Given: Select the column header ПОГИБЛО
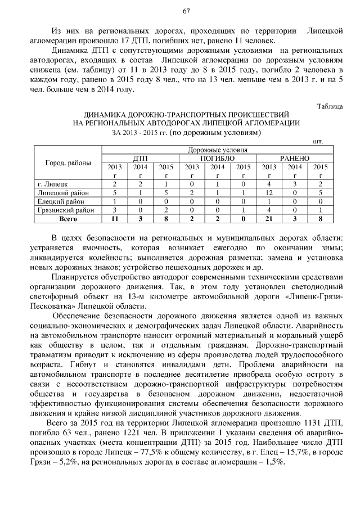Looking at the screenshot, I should (x=217, y=159).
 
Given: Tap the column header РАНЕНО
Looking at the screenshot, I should (x=295, y=159).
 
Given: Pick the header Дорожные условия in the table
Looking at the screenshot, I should (x=217, y=151).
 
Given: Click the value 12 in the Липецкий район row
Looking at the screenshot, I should (x=269, y=192).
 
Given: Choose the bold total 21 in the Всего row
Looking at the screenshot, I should (x=269, y=218).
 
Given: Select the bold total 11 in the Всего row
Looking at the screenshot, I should (x=114, y=218).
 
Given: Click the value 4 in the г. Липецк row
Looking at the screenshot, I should (x=269, y=184).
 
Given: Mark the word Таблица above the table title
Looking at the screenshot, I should (x=330, y=106).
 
